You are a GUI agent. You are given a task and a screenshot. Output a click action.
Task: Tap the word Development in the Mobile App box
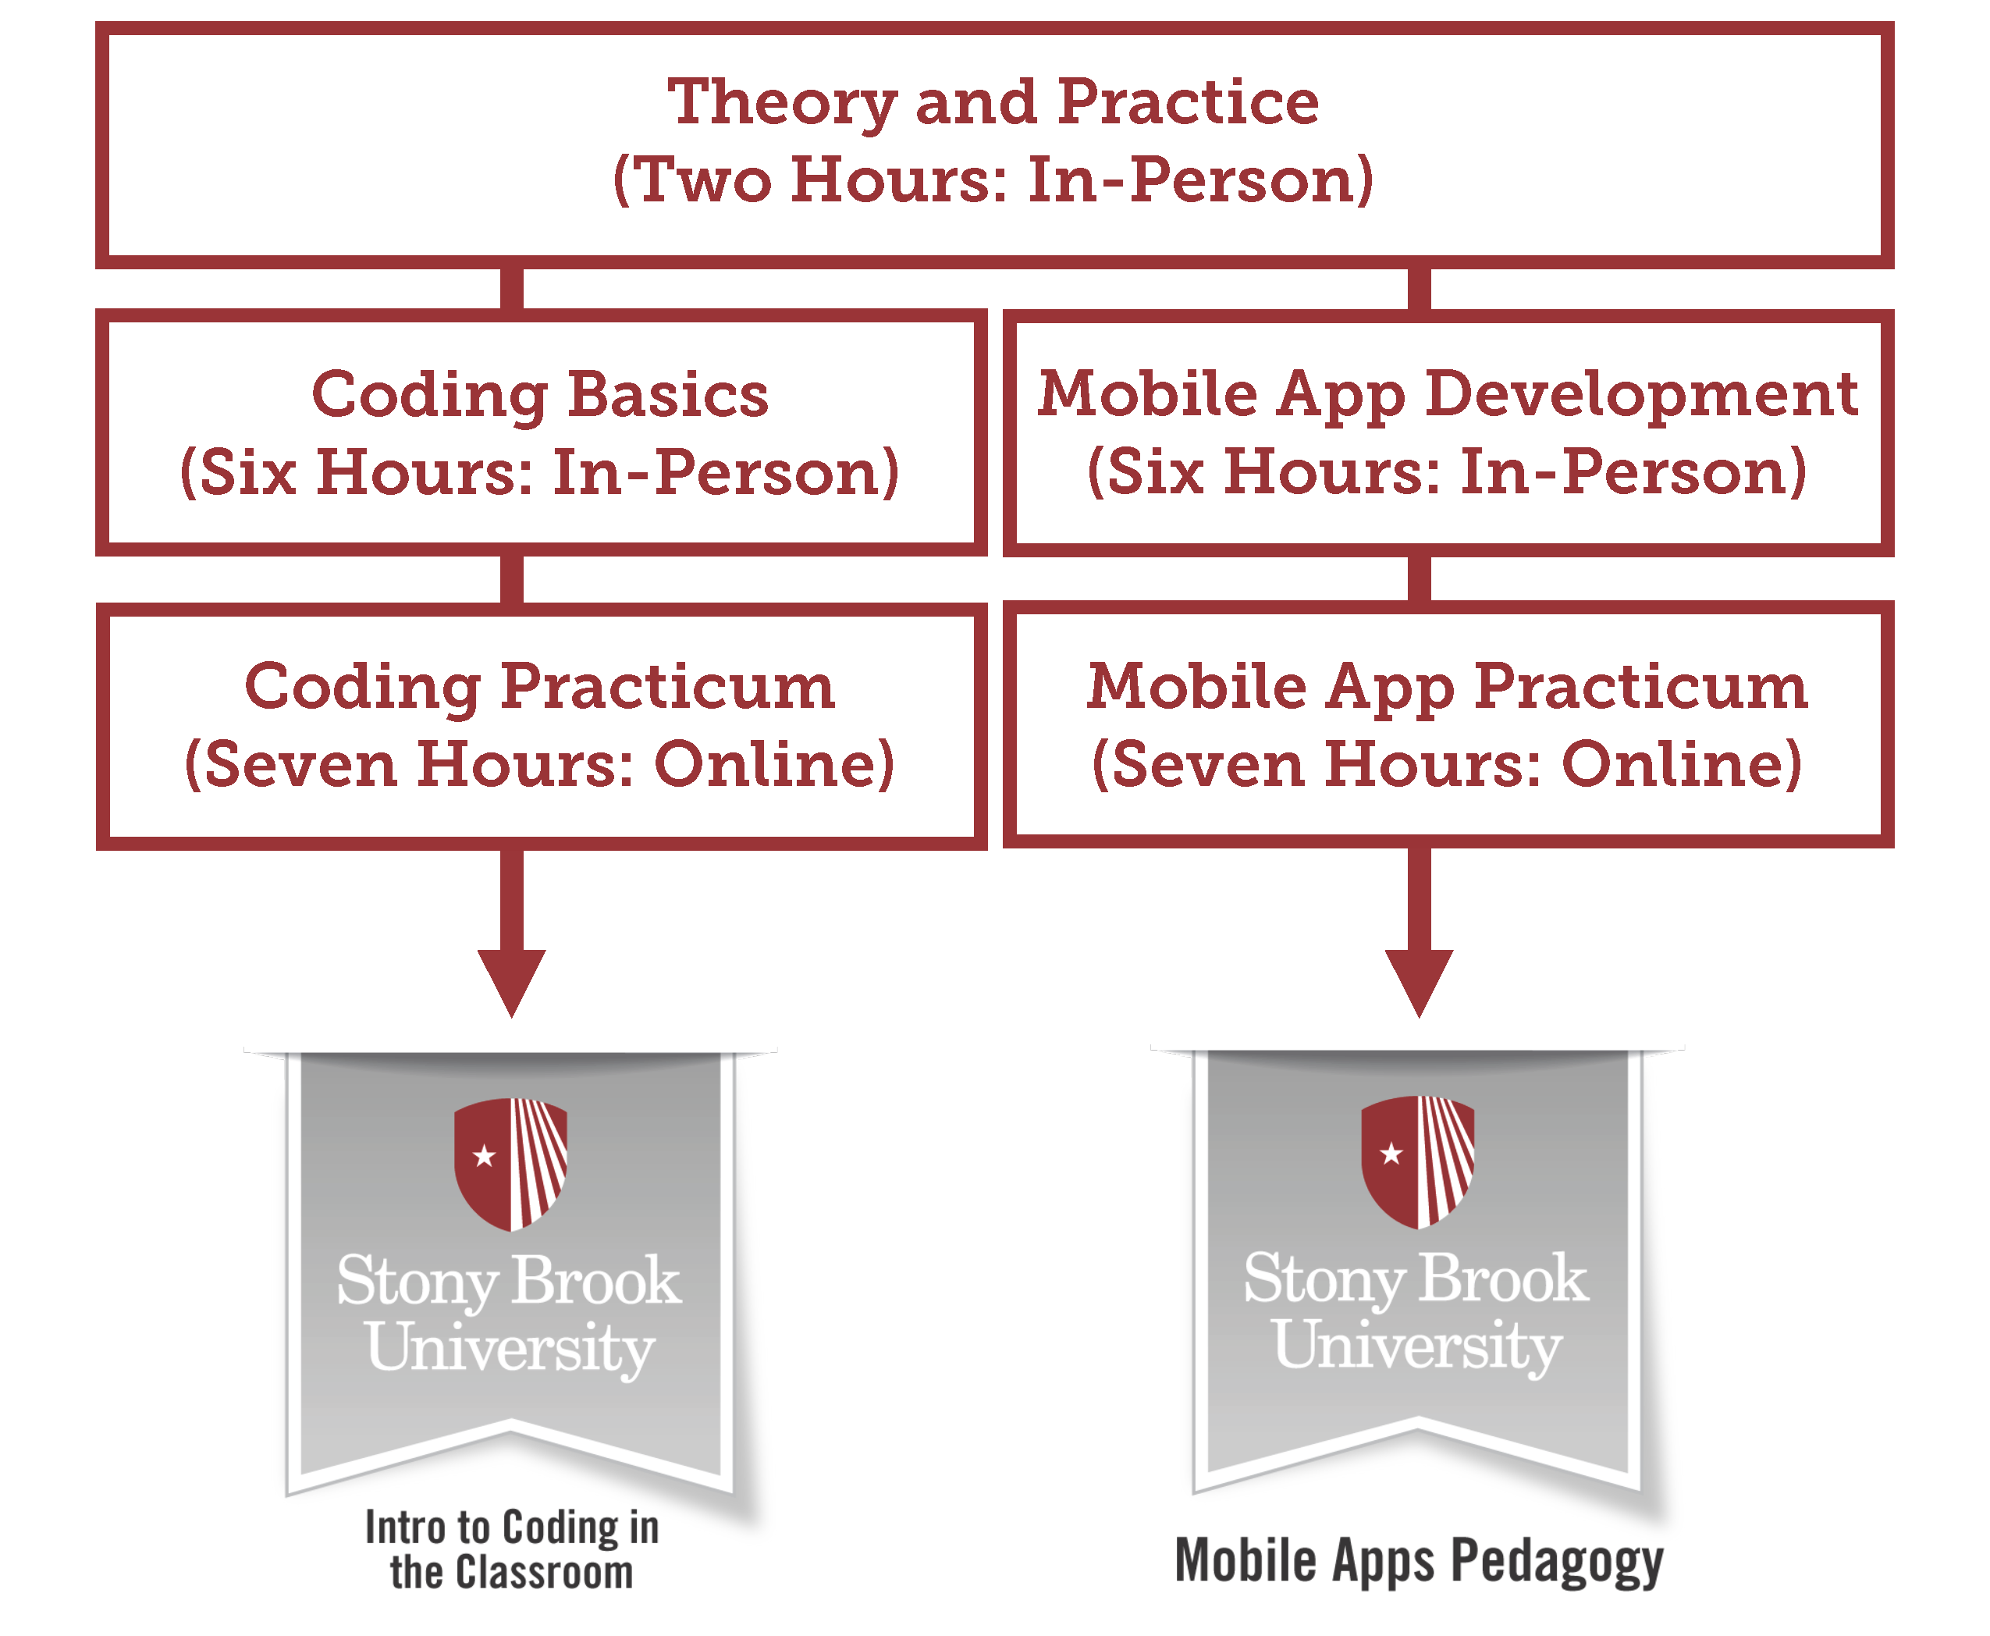[1641, 396]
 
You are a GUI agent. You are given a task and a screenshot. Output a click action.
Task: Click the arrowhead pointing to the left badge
[512, 983]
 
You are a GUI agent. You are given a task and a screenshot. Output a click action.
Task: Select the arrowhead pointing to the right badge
[1419, 983]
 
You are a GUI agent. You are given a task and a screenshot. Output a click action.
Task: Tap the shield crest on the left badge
[510, 1165]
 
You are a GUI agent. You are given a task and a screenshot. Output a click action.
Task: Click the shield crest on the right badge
[1418, 1162]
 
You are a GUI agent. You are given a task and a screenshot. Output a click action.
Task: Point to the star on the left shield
[485, 1155]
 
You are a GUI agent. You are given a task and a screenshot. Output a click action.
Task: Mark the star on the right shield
[1391, 1153]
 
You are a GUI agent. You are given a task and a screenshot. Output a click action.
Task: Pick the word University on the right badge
[1418, 1346]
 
